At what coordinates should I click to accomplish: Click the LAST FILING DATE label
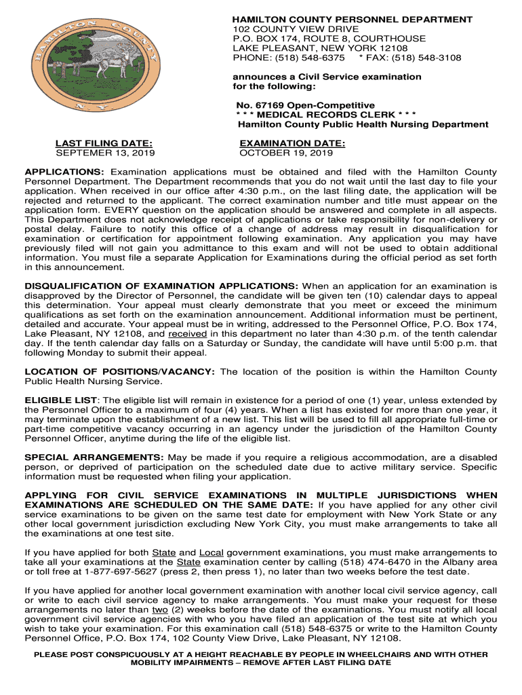point(104,143)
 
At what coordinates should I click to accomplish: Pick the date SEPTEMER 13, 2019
point(105,153)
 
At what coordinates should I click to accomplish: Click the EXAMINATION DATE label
point(292,143)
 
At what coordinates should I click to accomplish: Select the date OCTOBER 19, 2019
point(286,153)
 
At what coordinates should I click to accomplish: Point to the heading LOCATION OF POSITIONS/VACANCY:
point(120,371)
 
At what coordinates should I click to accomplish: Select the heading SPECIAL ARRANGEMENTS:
point(94,457)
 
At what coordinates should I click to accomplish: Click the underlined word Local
point(212,552)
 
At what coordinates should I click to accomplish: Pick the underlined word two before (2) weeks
point(161,609)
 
